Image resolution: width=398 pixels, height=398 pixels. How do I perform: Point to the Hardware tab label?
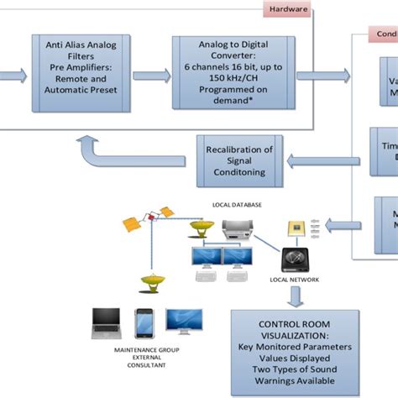pos(286,10)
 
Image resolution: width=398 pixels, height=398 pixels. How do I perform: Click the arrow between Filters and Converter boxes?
pos(150,74)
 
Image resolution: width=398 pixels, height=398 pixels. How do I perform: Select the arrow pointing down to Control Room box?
pos(296,295)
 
